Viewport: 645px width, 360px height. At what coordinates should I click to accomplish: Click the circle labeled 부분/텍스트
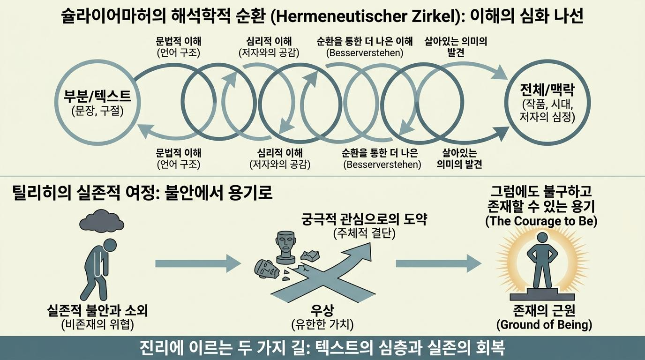coord(56,102)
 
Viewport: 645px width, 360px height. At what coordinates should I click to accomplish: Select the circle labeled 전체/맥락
coord(507,102)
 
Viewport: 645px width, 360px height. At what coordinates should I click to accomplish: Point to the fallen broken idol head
coord(266,269)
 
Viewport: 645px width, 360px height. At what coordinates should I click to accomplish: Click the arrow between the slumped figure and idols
coord(198,263)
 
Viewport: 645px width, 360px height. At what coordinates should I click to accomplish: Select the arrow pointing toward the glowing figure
coord(439,263)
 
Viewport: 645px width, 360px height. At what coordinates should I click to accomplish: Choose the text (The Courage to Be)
coord(541,221)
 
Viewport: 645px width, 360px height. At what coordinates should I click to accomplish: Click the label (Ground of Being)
coord(544,324)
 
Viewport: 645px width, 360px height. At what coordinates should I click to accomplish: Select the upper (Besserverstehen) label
coord(365,53)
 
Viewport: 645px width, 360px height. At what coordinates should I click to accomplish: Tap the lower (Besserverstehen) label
coord(382,165)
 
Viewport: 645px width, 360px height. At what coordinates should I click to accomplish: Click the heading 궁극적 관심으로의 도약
coord(364,219)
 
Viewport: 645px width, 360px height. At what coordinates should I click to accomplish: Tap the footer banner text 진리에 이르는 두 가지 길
coord(222,348)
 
